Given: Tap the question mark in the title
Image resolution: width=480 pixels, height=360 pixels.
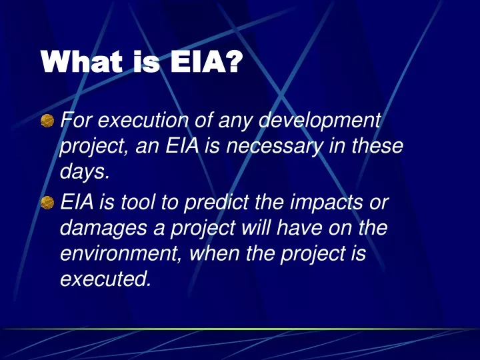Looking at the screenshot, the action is (x=234, y=61).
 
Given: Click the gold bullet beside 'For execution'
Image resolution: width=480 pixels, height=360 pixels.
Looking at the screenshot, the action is (x=47, y=120).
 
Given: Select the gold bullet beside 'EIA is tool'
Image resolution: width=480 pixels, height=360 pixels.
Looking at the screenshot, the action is (x=47, y=203).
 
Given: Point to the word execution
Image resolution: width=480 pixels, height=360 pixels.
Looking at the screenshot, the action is (x=143, y=120).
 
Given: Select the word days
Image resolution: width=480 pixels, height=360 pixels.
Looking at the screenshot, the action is (x=83, y=173).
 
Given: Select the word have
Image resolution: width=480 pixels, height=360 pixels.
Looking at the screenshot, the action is (x=299, y=228).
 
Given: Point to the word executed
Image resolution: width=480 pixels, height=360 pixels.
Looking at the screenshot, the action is (x=106, y=279).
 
